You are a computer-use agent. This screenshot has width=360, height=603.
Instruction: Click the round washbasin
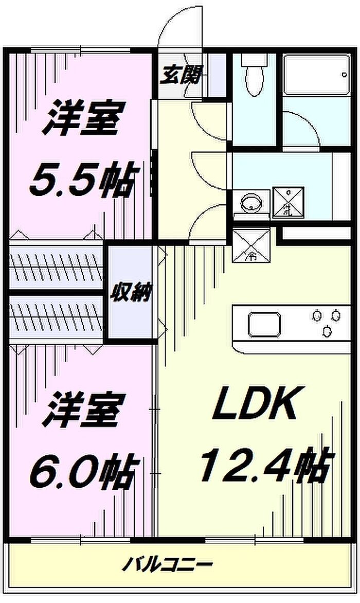point(251,202)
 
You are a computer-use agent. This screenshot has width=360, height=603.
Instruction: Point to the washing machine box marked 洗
point(288,201)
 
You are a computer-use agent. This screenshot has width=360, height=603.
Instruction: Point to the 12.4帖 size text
point(263,465)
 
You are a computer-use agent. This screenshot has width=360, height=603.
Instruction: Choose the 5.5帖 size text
point(82,181)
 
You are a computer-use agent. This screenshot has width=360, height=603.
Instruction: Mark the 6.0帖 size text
point(83,471)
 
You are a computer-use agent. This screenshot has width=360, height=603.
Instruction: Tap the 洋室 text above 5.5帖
point(83,119)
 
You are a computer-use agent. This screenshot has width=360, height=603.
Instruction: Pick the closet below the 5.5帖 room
point(57,264)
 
